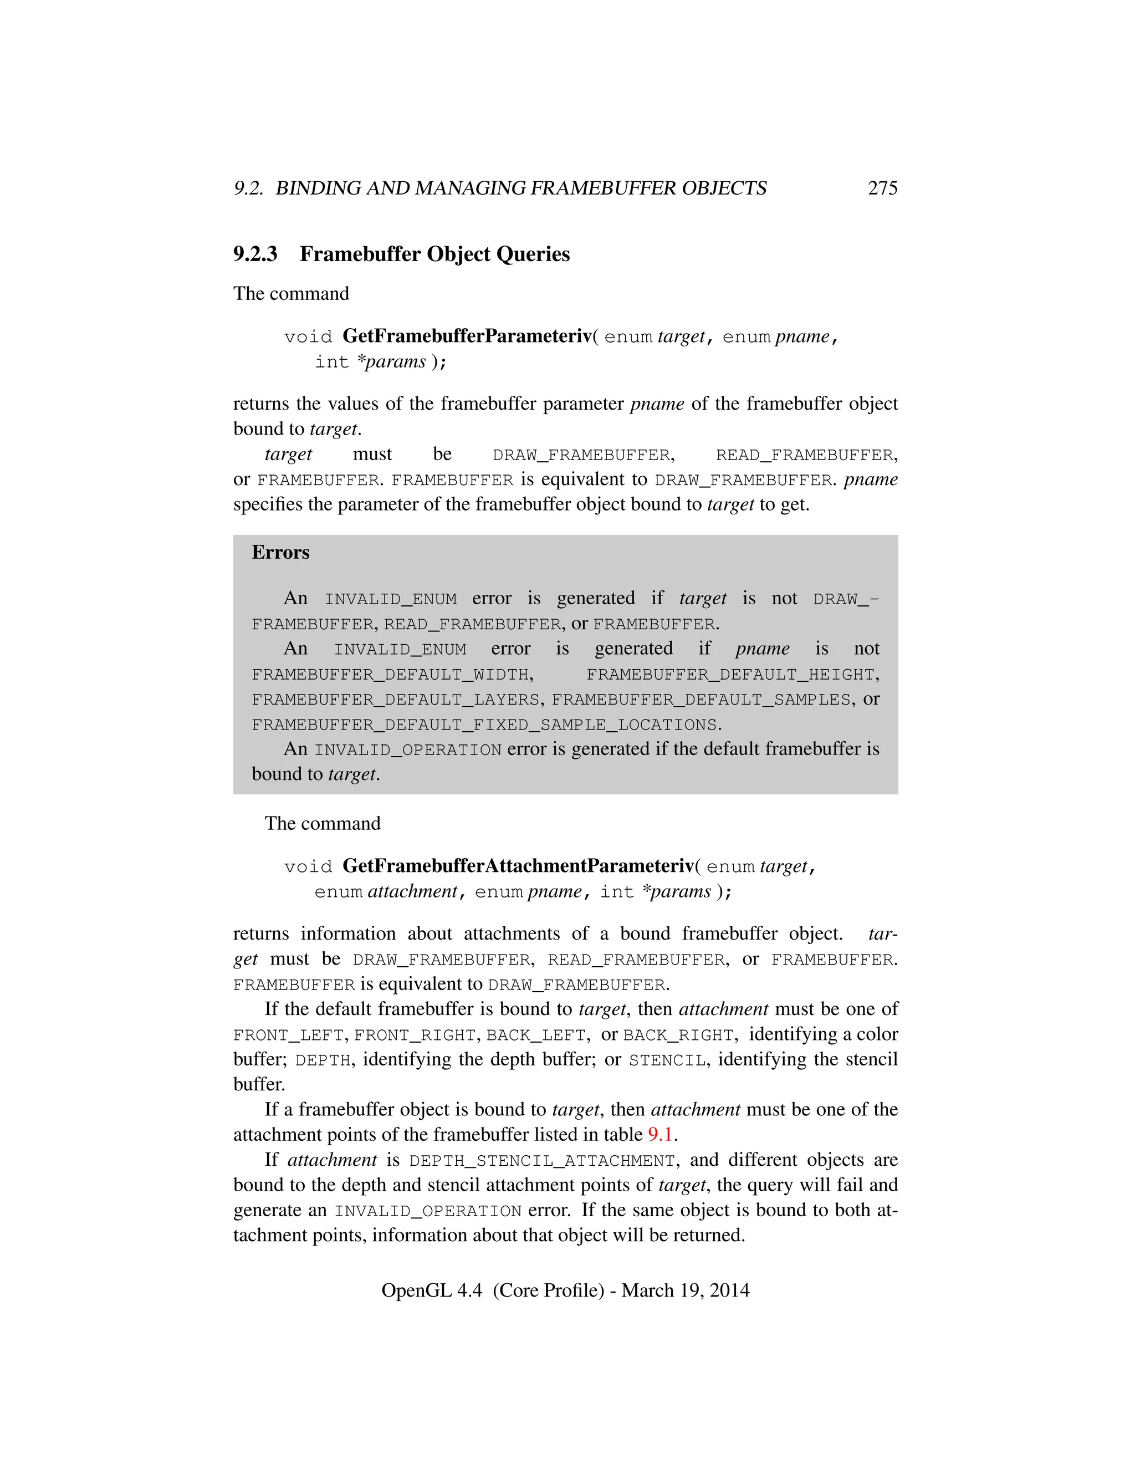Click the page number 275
pos(882,188)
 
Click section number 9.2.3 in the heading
pos(255,254)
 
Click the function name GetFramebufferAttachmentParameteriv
pos(518,866)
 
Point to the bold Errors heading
pos(280,552)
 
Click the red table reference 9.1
pos(660,1135)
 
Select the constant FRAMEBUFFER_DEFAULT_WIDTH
pos(392,675)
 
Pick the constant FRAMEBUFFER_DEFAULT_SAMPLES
pos(701,700)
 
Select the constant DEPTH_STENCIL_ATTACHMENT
pos(542,1161)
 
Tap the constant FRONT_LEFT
pos(288,1035)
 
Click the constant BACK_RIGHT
pos(678,1035)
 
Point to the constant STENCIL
pos(667,1060)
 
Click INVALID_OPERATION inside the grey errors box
pos(407,750)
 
